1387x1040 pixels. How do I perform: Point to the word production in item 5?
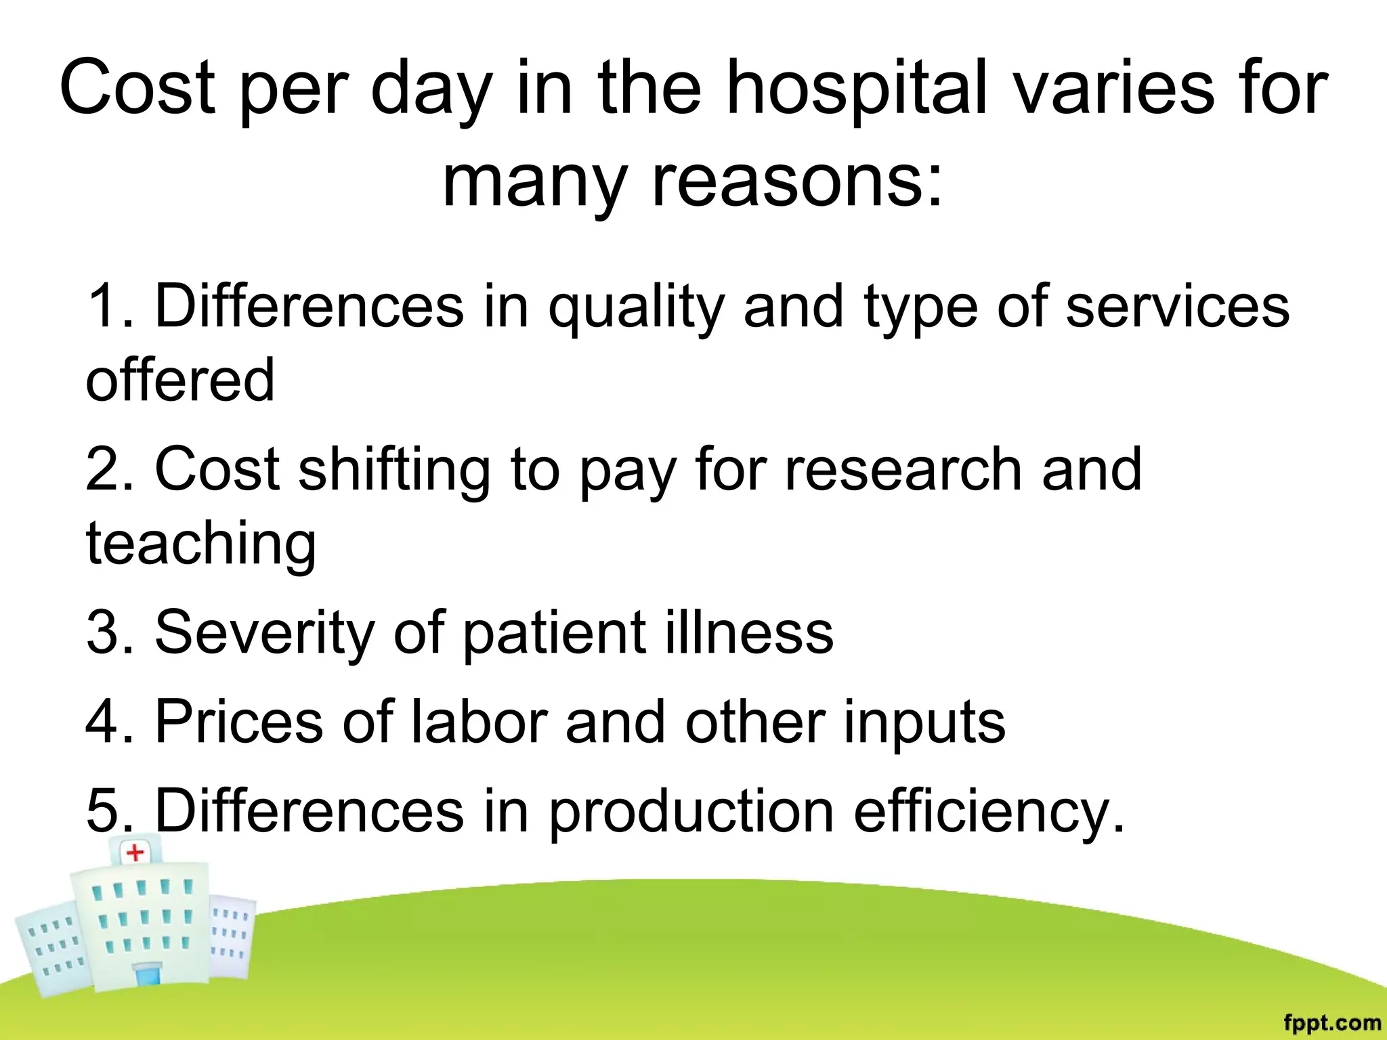(691, 812)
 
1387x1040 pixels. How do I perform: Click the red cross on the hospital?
(135, 852)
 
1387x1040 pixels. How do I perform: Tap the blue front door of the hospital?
(147, 976)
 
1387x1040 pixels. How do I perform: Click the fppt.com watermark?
(1331, 1022)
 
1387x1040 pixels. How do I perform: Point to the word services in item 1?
(1177, 307)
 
